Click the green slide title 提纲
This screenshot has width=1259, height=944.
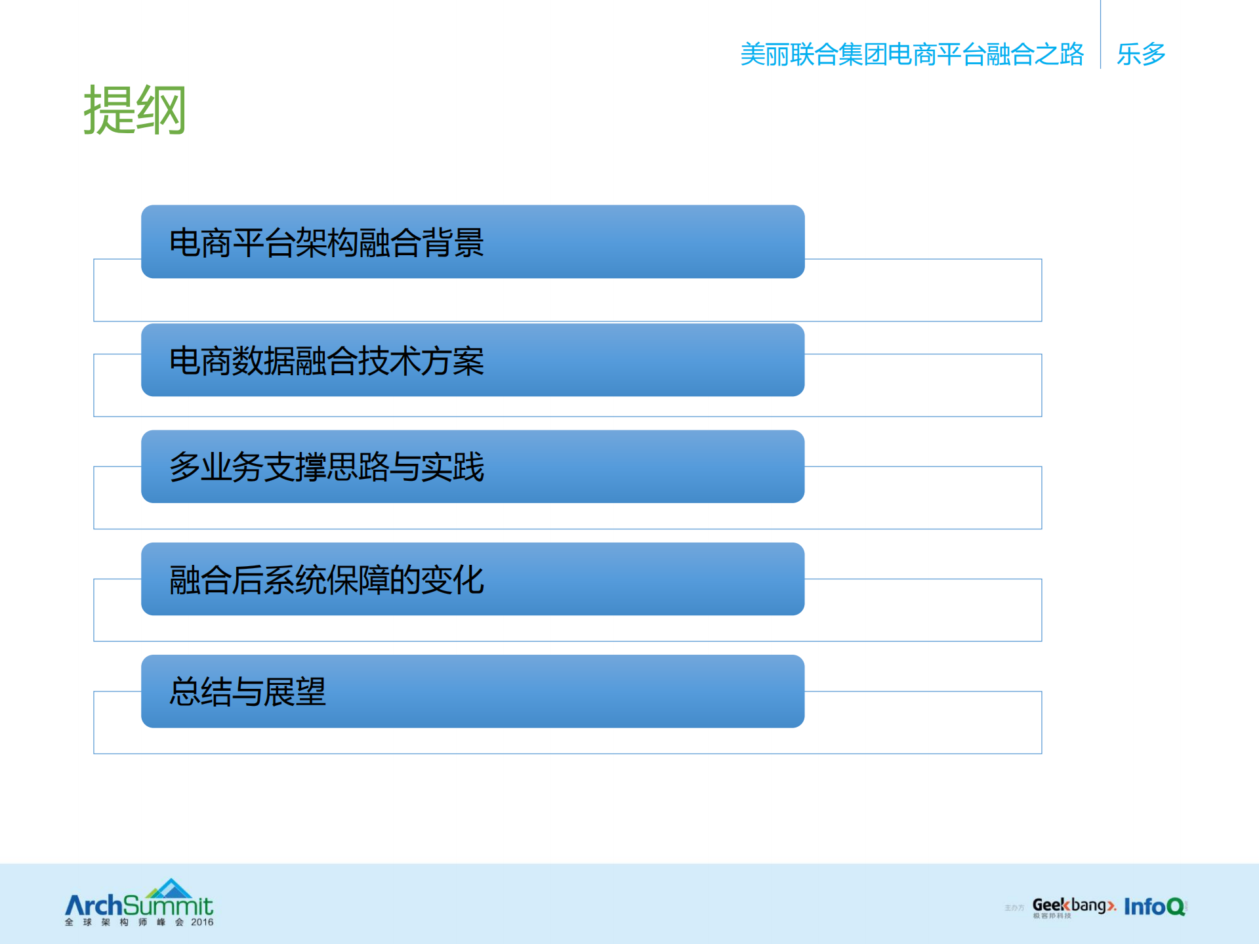pos(134,110)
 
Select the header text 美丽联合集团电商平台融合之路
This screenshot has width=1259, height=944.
pos(911,54)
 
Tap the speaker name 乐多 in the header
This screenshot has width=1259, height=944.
pos(1141,54)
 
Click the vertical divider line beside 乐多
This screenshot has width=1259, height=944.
pos(1100,36)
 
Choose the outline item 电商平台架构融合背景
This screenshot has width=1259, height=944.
pos(326,243)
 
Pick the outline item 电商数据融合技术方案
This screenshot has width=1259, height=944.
pos(326,361)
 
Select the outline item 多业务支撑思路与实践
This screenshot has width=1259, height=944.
pos(326,467)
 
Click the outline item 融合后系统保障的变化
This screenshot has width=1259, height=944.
pos(326,580)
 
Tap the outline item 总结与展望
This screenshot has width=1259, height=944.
pos(247,691)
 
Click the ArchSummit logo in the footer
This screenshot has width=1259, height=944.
pos(138,906)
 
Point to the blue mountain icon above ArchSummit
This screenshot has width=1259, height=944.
pos(170,888)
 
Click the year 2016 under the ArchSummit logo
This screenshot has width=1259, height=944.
pos(202,922)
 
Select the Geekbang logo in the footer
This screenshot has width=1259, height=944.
pos(1073,907)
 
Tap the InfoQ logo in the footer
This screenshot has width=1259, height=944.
pos(1155,907)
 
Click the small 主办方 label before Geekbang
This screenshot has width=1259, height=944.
pos(1014,908)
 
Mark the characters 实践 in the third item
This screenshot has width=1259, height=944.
pos(453,467)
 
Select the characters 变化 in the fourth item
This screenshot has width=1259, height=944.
pos(453,580)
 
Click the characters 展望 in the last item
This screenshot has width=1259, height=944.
pos(295,691)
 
